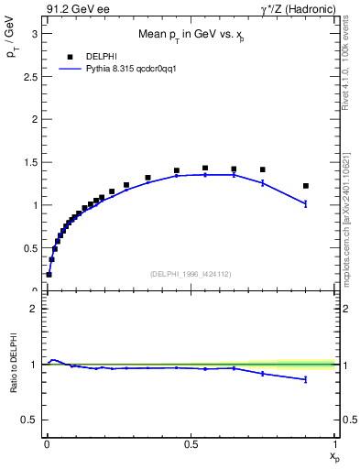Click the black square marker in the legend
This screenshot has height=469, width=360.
tap(71, 56)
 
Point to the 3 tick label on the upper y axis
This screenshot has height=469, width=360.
tap(35, 34)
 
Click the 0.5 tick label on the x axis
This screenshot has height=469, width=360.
tap(191, 442)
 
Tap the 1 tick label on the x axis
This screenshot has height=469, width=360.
tap(335, 442)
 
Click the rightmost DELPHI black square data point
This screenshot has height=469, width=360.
tap(306, 186)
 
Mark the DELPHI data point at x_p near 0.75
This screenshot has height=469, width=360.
tap(263, 169)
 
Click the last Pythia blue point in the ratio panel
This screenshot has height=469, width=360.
tap(306, 379)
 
